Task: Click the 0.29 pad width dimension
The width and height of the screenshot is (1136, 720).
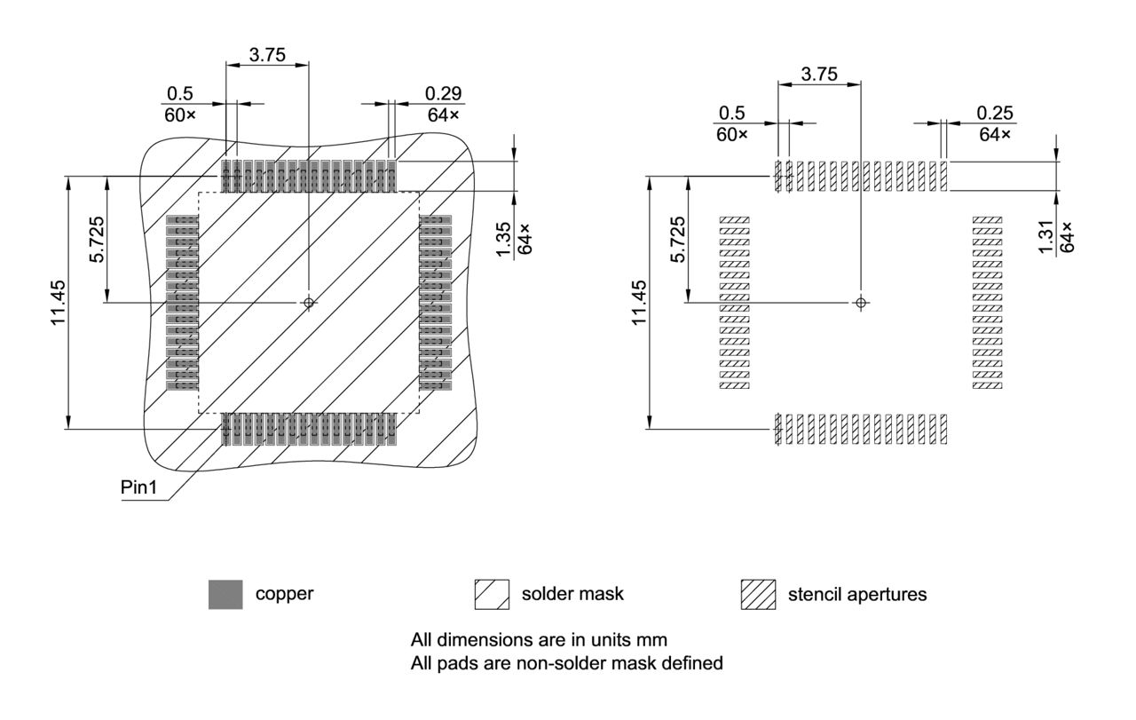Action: pyautogui.click(x=443, y=93)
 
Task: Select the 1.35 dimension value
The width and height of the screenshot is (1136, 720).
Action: pyautogui.click(x=503, y=241)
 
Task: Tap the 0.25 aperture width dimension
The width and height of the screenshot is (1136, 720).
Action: pyautogui.click(x=995, y=113)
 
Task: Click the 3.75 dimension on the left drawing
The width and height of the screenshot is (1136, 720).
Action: pyautogui.click(x=267, y=54)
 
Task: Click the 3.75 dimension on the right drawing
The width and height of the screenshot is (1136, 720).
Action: pyautogui.click(x=818, y=75)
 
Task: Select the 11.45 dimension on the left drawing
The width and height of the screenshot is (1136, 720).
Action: pyautogui.click(x=59, y=302)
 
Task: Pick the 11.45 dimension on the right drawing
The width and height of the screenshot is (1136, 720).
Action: pyautogui.click(x=639, y=302)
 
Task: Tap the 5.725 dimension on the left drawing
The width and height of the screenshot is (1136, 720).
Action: pyautogui.click(x=99, y=239)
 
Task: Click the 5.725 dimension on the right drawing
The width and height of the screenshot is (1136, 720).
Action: pyautogui.click(x=678, y=240)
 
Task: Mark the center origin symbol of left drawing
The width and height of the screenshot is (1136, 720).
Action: pyautogui.click(x=309, y=303)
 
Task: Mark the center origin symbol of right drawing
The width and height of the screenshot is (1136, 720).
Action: pyautogui.click(x=860, y=303)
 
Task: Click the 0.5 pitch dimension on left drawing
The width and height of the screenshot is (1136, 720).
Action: pyautogui.click(x=179, y=93)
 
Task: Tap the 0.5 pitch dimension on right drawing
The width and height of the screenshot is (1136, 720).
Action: pyautogui.click(x=731, y=113)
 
